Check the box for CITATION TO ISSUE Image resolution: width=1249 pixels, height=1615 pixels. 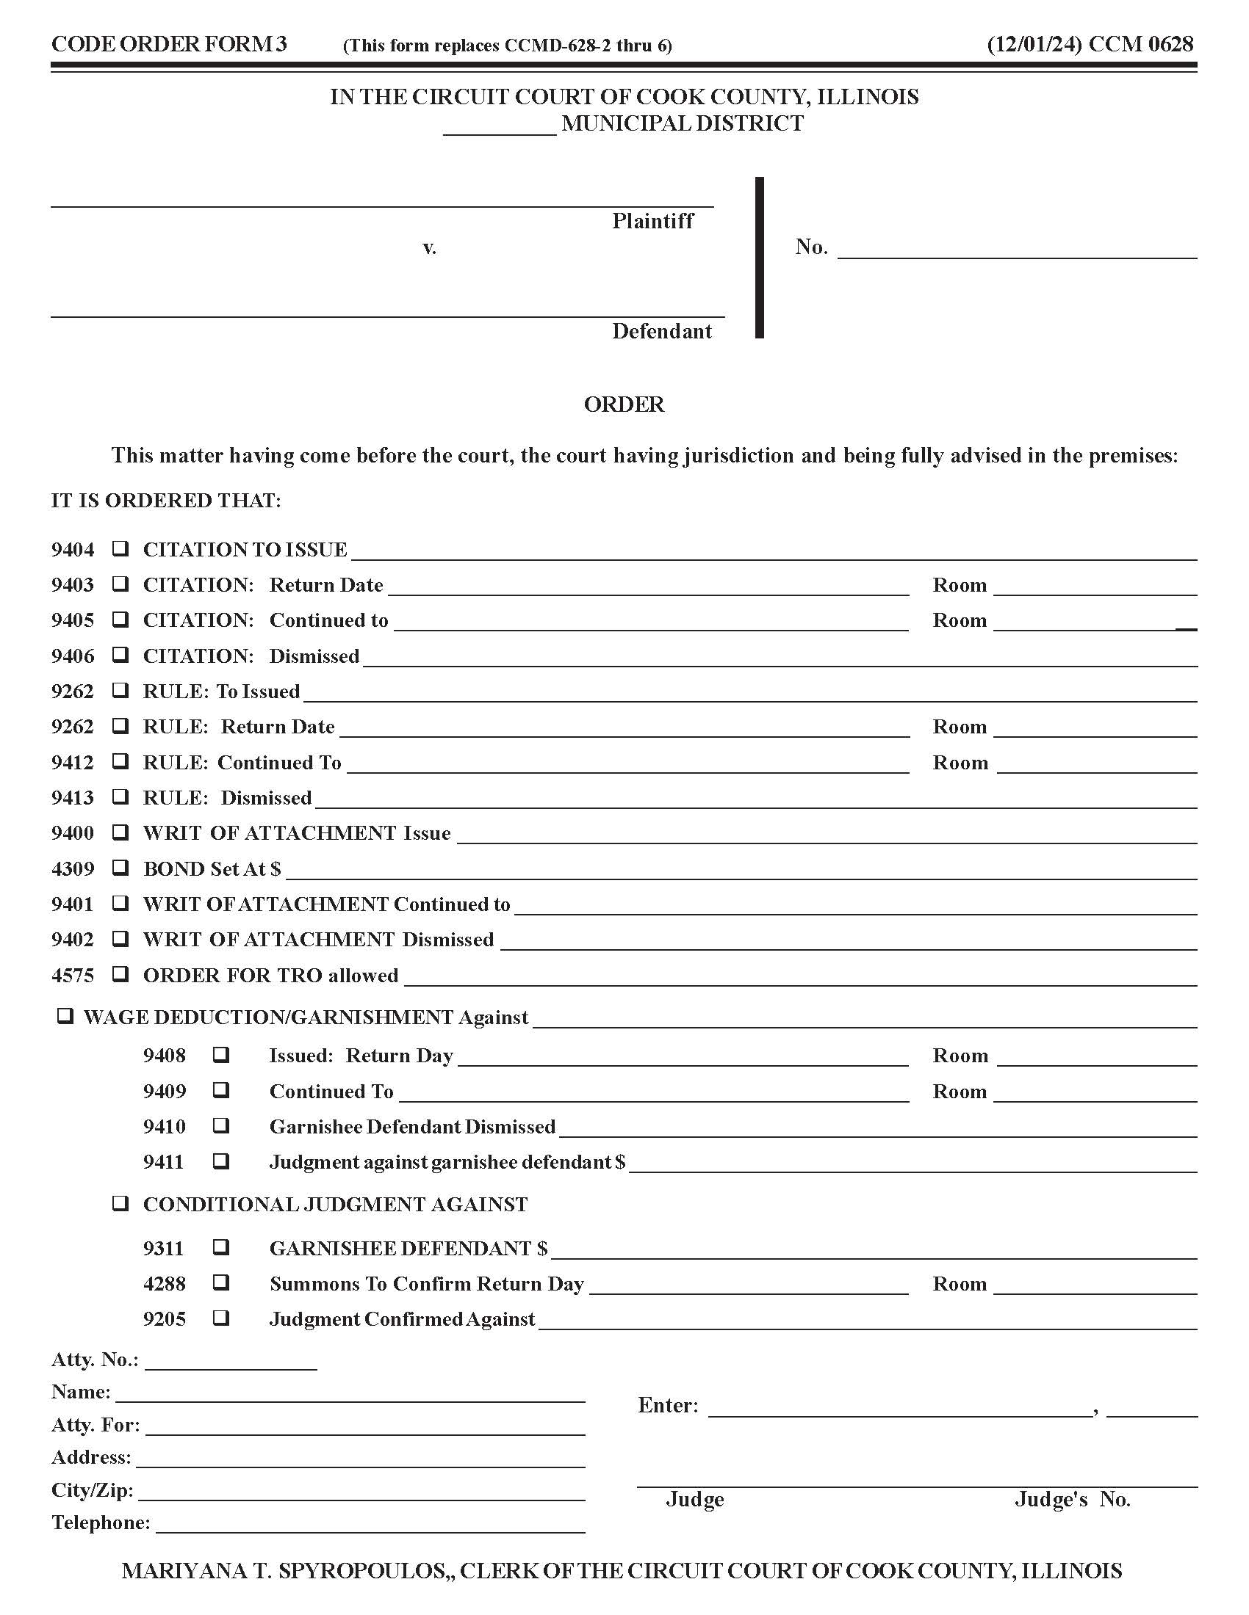coord(120,548)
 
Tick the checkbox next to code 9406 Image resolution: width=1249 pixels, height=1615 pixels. coord(120,655)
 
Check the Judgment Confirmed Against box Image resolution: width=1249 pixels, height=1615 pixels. coord(220,1318)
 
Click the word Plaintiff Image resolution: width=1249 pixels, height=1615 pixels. coord(652,221)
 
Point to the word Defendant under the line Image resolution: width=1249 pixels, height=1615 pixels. coord(661,331)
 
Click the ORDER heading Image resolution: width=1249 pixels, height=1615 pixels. coord(624,404)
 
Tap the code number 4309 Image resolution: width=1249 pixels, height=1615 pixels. coord(73,869)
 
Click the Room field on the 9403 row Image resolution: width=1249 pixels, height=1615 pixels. coord(1095,587)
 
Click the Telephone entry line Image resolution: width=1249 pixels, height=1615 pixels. coord(370,1525)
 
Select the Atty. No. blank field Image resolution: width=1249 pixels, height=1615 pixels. coord(231,1362)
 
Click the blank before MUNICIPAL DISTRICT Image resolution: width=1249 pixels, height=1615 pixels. coord(500,127)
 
